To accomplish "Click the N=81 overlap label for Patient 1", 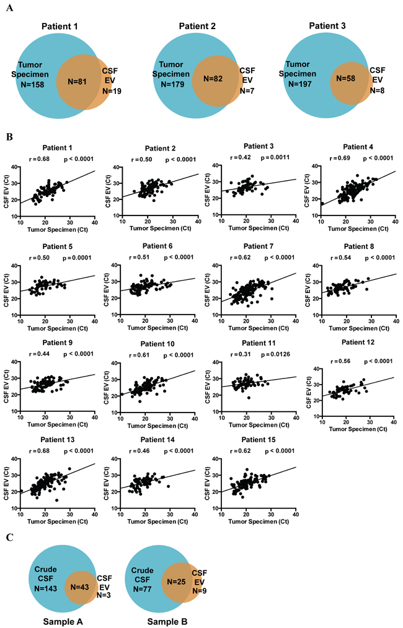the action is point(77,82).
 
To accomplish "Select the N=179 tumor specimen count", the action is point(172,84).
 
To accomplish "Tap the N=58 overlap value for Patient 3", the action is point(346,79).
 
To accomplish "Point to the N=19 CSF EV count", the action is point(112,91).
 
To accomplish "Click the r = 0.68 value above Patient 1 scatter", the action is point(39,159).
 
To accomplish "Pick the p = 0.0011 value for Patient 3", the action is point(275,157).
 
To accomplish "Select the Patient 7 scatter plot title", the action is point(259,246).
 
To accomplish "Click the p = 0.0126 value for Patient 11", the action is point(275,354).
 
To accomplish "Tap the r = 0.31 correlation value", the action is point(240,354).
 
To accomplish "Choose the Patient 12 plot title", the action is point(358,342).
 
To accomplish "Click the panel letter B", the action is point(10,137).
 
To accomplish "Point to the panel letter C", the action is point(10,538).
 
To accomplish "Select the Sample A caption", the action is point(63,622).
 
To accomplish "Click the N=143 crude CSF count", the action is point(45,588).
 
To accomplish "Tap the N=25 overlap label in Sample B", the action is point(176,581).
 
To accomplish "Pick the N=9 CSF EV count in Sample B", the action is point(199,591).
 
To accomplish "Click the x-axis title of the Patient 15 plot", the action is point(259,521).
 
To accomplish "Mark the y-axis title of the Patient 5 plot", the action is point(6,290).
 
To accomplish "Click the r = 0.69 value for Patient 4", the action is point(340,158).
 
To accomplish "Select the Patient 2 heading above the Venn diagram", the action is point(197,26).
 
